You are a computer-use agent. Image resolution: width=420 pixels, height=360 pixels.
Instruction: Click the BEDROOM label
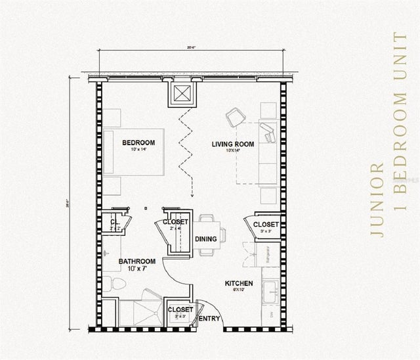(x=138, y=143)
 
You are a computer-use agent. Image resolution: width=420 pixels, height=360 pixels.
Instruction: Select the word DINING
(x=207, y=240)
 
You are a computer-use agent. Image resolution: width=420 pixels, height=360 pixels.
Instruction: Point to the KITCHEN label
(x=239, y=284)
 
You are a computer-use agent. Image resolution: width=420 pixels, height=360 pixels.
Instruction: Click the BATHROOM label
(x=136, y=261)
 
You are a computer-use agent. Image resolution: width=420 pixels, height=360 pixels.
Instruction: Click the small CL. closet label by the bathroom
(x=114, y=223)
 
